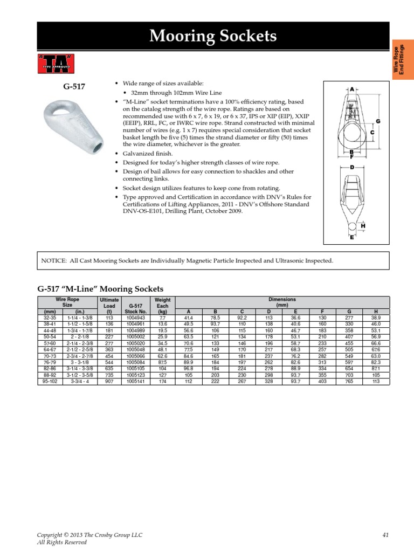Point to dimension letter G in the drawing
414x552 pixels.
(x=378, y=122)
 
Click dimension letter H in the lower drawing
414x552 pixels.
(x=363, y=225)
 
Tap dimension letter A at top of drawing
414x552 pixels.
(x=351, y=88)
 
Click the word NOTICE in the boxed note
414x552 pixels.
(x=53, y=261)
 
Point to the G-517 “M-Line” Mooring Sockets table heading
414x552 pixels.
(x=99, y=289)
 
